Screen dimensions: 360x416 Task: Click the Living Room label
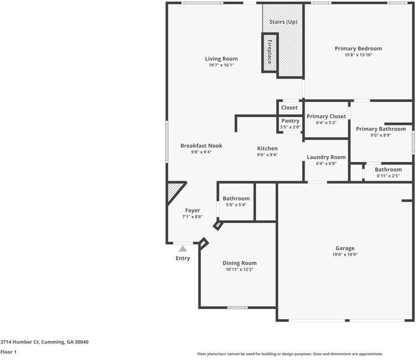pos(221,59)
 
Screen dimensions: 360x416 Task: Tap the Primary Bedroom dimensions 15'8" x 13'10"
pos(358,55)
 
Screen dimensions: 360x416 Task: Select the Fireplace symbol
pos(269,52)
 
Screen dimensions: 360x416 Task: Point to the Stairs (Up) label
pos(283,22)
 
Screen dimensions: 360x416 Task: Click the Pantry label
pos(290,121)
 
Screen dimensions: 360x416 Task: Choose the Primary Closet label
pos(326,116)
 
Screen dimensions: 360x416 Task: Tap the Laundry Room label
pos(326,157)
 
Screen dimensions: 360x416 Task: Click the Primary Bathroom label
pos(381,129)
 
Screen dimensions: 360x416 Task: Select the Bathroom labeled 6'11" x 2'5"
pos(388,170)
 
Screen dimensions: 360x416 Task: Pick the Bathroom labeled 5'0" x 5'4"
pos(236,199)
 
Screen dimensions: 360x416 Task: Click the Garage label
pos(345,248)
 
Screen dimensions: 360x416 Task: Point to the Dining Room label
pos(239,263)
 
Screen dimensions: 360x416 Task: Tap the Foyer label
pos(192,211)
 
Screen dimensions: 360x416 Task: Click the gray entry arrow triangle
pos(183,248)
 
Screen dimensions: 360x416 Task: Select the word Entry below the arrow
pos(183,259)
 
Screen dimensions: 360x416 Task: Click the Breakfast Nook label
pos(201,146)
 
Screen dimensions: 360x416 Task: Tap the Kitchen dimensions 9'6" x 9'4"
pos(267,155)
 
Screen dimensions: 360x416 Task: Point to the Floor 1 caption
pos(8,352)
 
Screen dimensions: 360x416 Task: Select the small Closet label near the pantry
pos(290,108)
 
